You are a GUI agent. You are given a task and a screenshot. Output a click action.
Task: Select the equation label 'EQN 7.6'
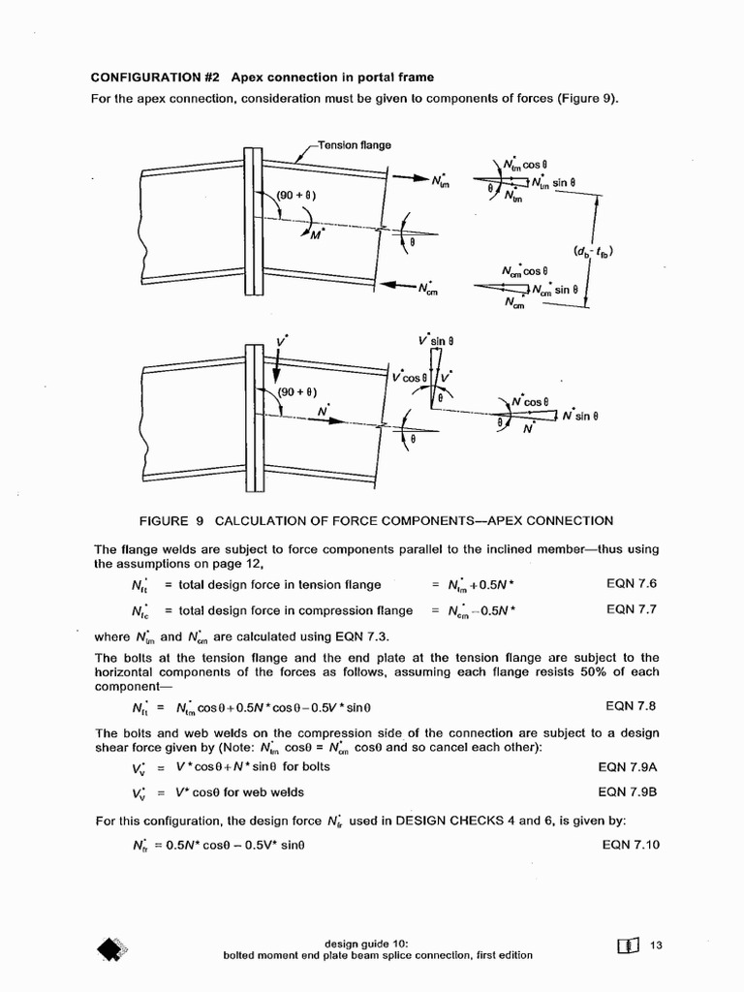pos(632,583)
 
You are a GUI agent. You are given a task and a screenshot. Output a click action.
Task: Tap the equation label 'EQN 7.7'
pos(632,609)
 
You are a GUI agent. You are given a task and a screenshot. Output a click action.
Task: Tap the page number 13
pos(656,946)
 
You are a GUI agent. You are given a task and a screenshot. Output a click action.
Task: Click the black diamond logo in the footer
pos(112,950)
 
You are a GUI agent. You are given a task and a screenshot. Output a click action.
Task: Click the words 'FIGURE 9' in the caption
pos(170,520)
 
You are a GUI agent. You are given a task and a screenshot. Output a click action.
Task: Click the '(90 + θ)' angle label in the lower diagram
pos(296,391)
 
